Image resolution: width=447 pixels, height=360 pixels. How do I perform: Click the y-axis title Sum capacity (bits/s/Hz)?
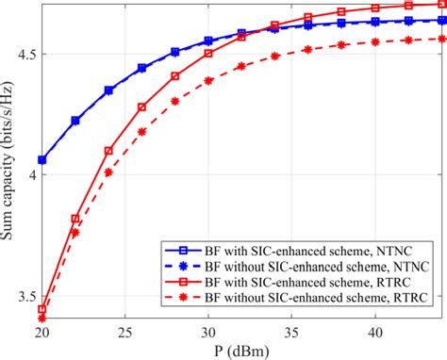pyautogui.click(x=11, y=160)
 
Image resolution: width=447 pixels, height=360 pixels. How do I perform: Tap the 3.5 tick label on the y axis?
pyautogui.click(x=25, y=297)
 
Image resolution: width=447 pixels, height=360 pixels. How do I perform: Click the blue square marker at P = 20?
pyautogui.click(x=42, y=160)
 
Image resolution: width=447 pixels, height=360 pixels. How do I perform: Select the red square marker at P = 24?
pyautogui.click(x=108, y=151)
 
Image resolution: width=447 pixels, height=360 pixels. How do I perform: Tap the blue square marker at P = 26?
pyautogui.click(x=142, y=68)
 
